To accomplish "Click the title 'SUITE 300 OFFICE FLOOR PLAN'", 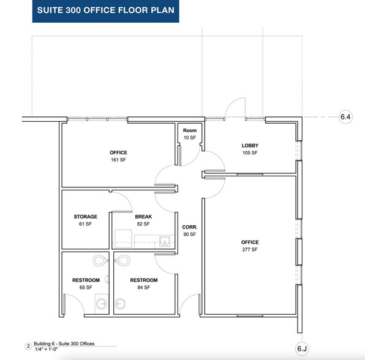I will point(105,11).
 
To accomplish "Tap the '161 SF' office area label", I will point(118,160).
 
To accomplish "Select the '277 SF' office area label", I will point(249,250).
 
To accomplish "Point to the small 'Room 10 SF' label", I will point(189,134).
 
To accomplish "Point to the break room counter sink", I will point(164,239).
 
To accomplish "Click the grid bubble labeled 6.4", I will point(346,116).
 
